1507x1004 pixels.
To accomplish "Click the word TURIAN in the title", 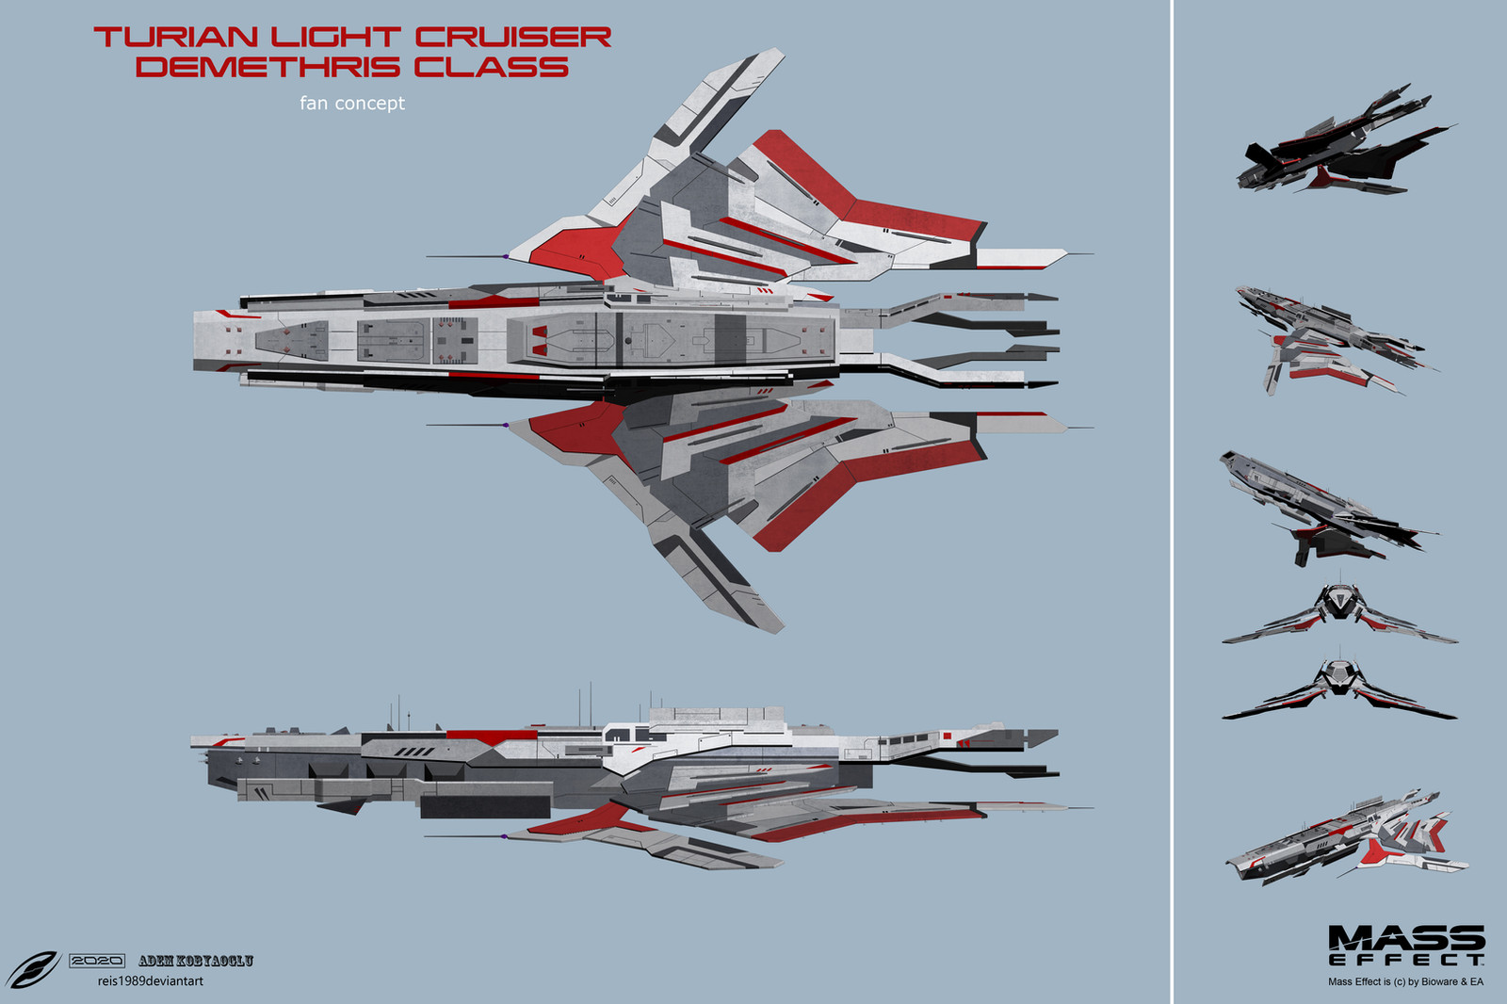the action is pos(175,38).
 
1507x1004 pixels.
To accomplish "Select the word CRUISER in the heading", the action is pos(512,38).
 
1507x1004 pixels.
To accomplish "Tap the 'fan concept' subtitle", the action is pos(352,103).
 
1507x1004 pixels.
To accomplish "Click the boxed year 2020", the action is pos(97,961).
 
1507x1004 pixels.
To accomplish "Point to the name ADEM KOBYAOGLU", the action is pos(196,961).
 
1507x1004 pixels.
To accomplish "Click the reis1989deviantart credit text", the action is pos(151,981).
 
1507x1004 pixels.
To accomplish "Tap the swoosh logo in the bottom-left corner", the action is pos(33,969).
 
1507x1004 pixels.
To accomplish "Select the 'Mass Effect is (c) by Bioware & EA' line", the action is pos(1405,981).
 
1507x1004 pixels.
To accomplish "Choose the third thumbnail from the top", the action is pos(1329,509).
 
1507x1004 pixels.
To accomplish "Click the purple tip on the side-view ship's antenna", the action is pos(504,836).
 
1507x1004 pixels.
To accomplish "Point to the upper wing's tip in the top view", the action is pos(781,50).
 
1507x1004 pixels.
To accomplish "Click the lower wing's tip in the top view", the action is pos(781,630).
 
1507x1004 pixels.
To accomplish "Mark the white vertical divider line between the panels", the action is pos(1173,502).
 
